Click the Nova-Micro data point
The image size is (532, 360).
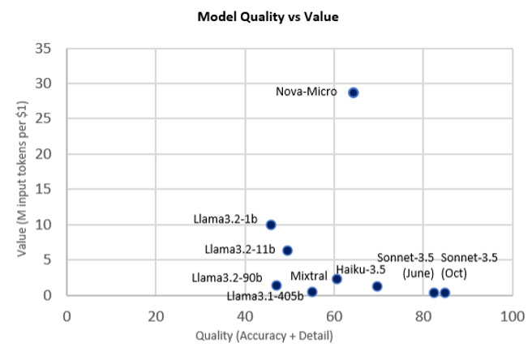click(x=353, y=92)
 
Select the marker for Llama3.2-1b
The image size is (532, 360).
click(x=271, y=225)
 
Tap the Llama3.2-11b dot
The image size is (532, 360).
click(x=287, y=251)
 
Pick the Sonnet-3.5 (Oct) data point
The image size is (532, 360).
click(x=444, y=293)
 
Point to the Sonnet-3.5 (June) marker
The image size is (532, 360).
click(x=434, y=293)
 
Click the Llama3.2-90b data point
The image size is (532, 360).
click(x=276, y=285)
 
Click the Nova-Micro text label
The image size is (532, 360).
click(x=307, y=92)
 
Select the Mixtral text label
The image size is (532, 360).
click(x=308, y=276)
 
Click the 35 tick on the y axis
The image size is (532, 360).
click(x=45, y=49)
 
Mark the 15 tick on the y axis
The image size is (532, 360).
click(x=45, y=190)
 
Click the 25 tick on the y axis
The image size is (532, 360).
click(x=45, y=119)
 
